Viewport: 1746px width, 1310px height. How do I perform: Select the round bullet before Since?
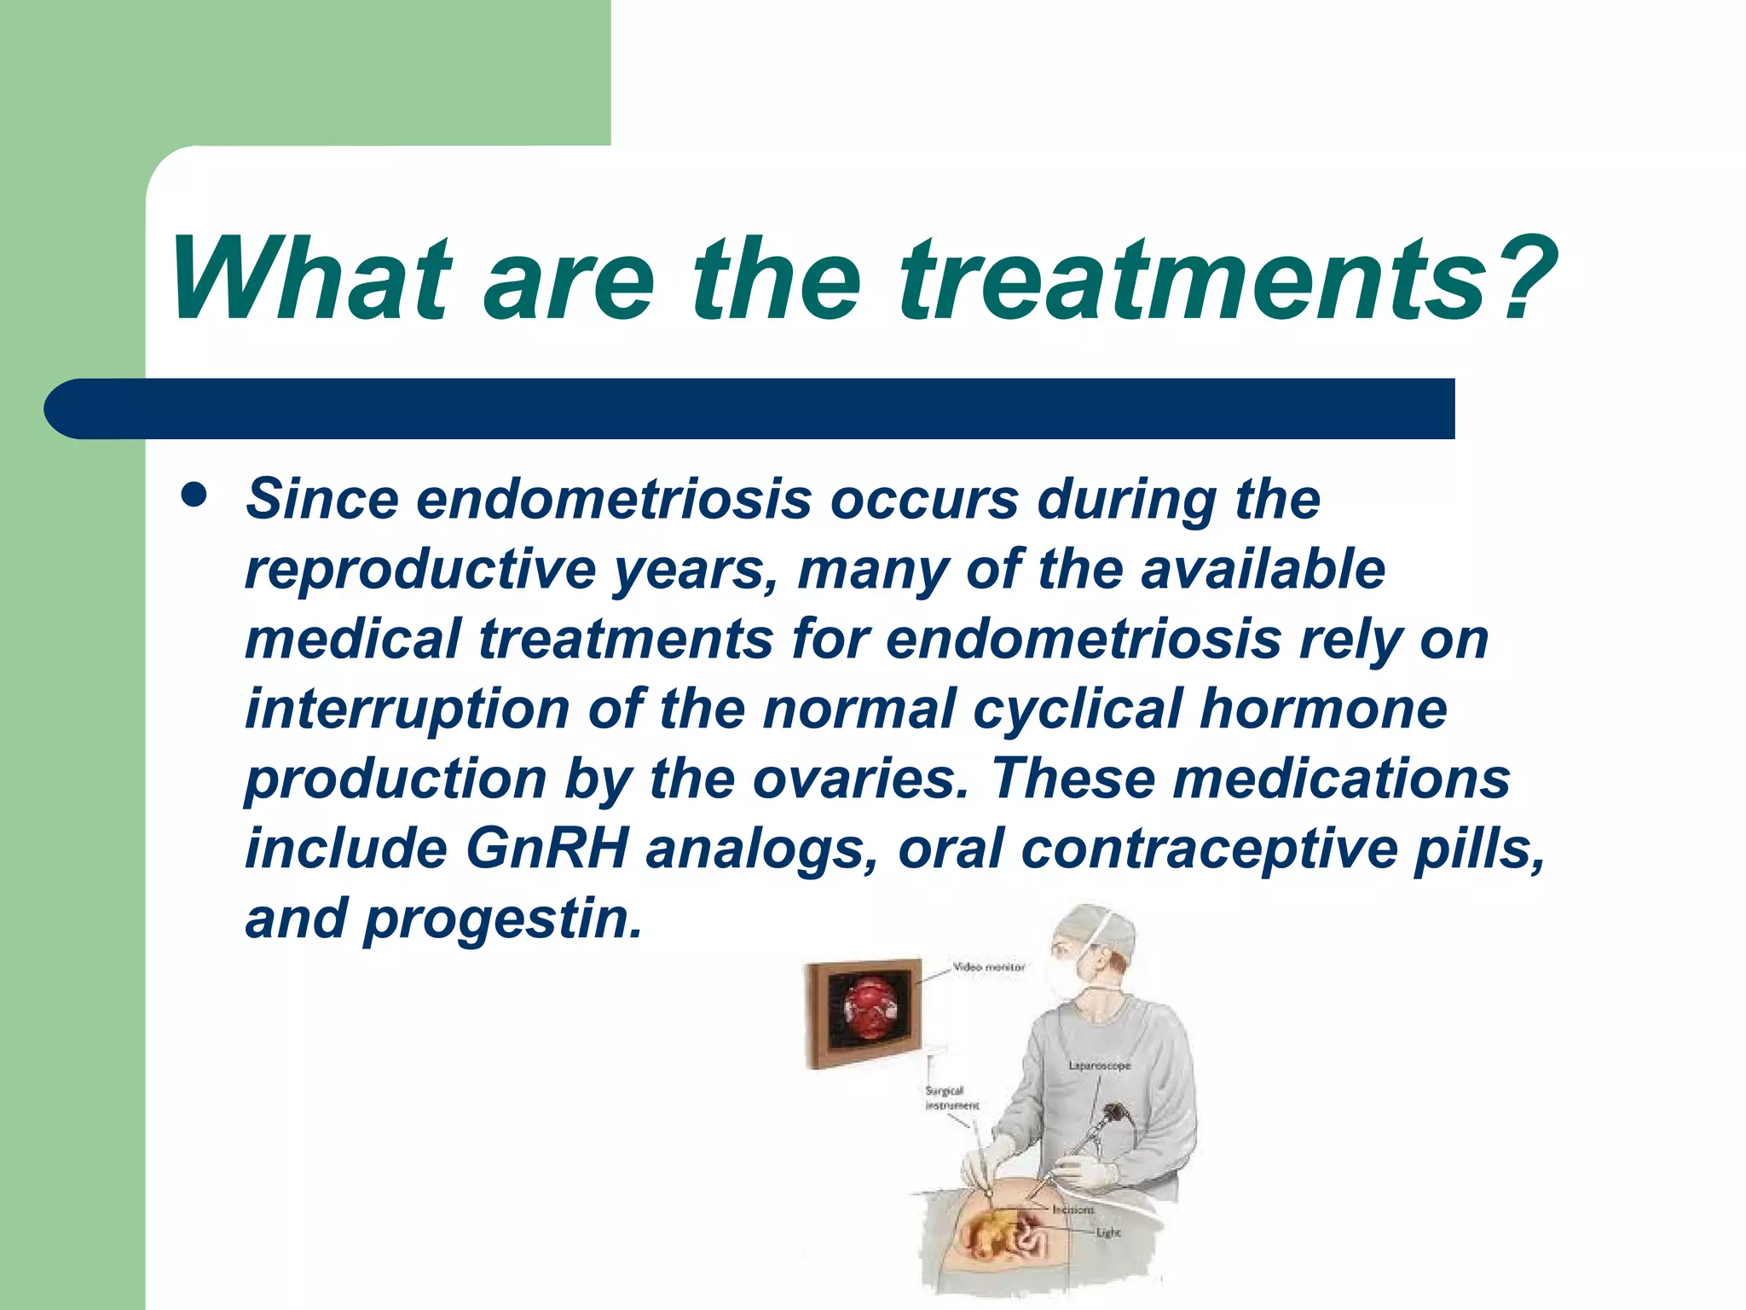(x=194, y=496)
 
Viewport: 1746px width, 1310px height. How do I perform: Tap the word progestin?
(x=503, y=919)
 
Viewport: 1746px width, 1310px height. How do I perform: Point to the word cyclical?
(x=1078, y=710)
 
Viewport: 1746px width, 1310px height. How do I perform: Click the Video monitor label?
(x=989, y=967)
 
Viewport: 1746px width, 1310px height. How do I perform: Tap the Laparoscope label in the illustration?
(x=1099, y=1066)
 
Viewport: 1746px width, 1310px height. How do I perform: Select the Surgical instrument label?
(x=951, y=1098)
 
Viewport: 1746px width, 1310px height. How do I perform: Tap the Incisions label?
(x=1072, y=1209)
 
